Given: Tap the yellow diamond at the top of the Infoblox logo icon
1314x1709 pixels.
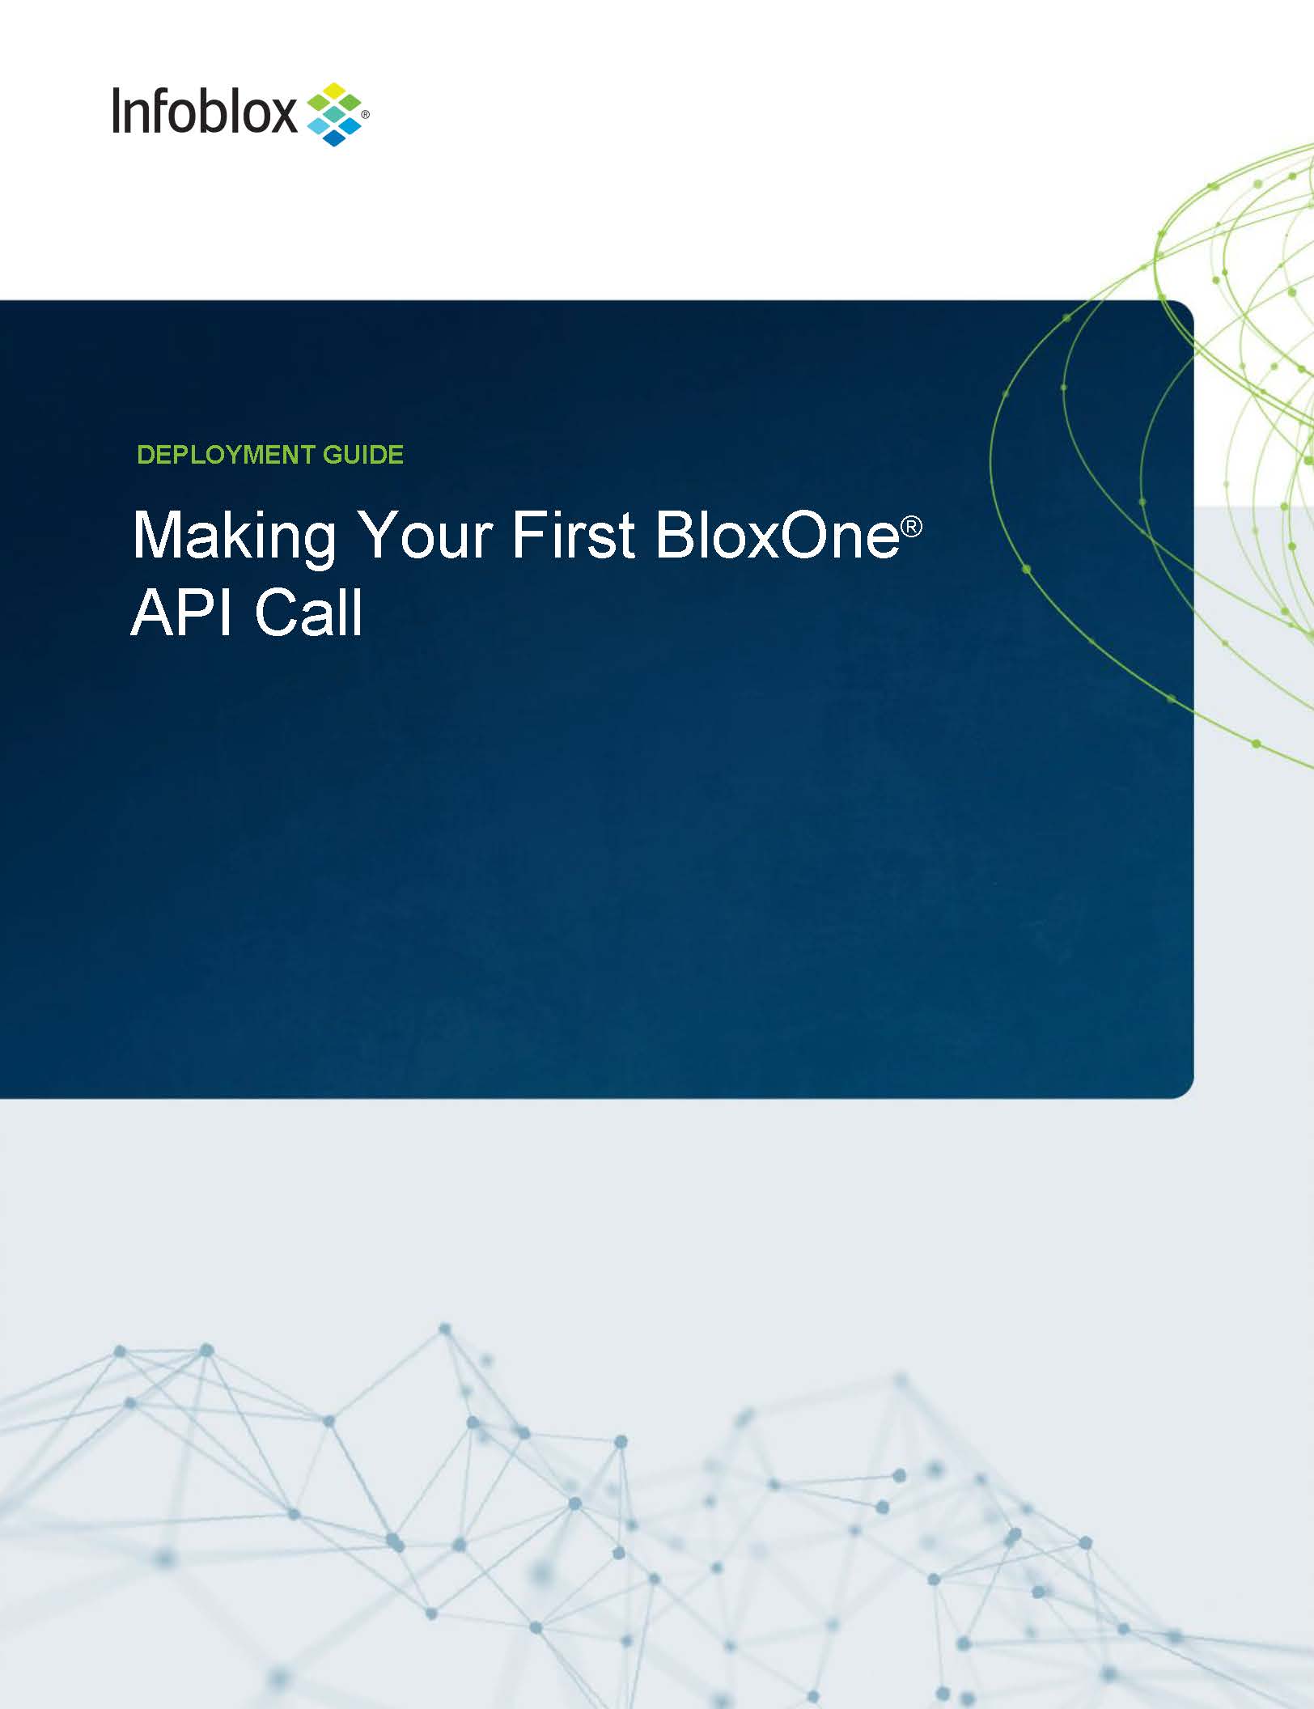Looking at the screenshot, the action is (334, 89).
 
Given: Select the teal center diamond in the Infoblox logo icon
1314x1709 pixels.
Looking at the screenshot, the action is (334, 115).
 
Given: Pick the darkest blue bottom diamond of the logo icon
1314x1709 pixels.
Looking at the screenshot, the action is (334, 139).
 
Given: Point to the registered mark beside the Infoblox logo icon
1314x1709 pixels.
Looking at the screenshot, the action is (365, 116).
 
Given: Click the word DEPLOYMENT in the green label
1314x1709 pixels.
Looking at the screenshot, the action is (226, 455).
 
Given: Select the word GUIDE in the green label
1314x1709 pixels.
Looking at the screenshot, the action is (363, 455).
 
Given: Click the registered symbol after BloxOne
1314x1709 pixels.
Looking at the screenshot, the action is (912, 527).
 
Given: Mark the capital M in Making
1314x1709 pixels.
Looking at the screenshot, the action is (157, 534).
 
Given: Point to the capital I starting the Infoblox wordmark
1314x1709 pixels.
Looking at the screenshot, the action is (117, 111).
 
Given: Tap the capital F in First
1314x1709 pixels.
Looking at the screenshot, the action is (530, 534).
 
